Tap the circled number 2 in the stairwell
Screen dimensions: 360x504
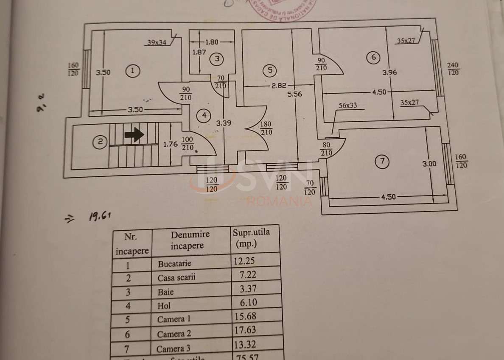pyautogui.click(x=100, y=142)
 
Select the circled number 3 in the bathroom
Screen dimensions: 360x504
pyautogui.click(x=217, y=59)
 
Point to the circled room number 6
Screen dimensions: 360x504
pyautogui.click(x=373, y=57)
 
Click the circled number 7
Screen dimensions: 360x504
pyautogui.click(x=382, y=161)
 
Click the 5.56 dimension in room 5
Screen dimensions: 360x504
pyautogui.click(x=294, y=94)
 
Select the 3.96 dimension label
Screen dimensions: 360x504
pyautogui.click(x=389, y=73)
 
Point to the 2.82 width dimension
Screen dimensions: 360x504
pyautogui.click(x=279, y=85)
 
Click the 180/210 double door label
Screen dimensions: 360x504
pyautogui.click(x=266, y=128)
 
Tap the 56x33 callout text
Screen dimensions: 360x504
pyautogui.click(x=347, y=106)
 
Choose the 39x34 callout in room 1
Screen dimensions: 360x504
pyautogui.click(x=157, y=42)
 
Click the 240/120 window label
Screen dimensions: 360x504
pyautogui.click(x=453, y=69)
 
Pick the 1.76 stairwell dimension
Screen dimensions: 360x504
pyautogui.click(x=171, y=144)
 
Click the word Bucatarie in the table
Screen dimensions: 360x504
pyautogui.click(x=174, y=263)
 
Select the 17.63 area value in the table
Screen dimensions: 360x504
pyautogui.click(x=245, y=329)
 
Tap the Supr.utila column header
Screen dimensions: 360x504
pyautogui.click(x=251, y=238)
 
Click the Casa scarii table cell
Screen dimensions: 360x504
pyautogui.click(x=176, y=278)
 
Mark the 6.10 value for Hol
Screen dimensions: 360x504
pyautogui.click(x=245, y=302)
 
